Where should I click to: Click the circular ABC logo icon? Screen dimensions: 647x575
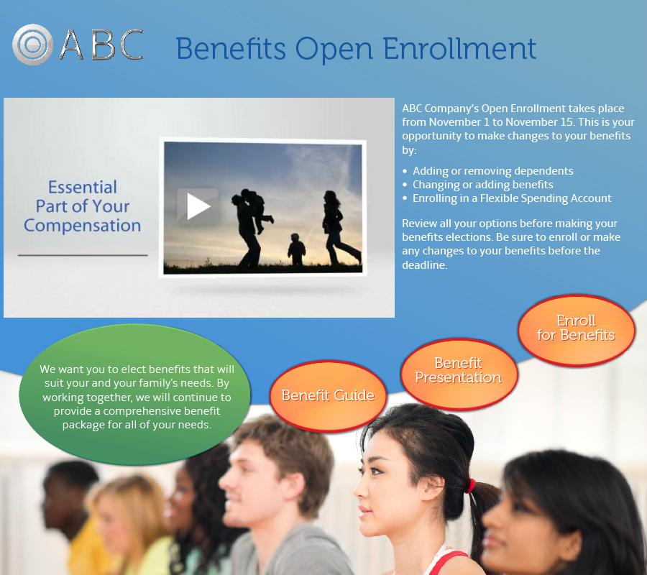coord(32,45)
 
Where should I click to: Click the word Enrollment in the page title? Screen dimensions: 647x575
coord(459,49)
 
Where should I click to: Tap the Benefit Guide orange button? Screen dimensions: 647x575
coord(328,395)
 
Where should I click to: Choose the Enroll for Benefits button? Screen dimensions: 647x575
coord(577,329)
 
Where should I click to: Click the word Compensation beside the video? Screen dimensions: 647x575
coord(83,226)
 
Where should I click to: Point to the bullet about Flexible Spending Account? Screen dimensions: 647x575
coord(507,198)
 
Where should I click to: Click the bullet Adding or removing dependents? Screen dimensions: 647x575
coord(487,171)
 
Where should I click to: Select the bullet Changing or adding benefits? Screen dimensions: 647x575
coord(478,185)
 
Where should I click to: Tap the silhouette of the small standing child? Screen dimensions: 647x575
coord(296,249)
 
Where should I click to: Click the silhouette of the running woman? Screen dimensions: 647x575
coord(339,228)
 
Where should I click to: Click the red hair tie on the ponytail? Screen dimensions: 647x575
coord(471,486)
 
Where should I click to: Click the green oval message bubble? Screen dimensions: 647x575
coord(134,395)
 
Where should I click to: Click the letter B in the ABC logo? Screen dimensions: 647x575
coord(103,45)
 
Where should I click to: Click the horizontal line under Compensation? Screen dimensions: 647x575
coord(83,255)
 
